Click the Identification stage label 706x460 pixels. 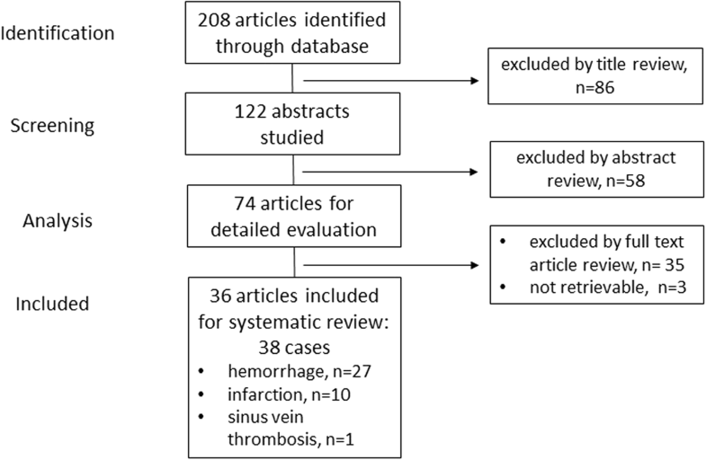click(x=58, y=33)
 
